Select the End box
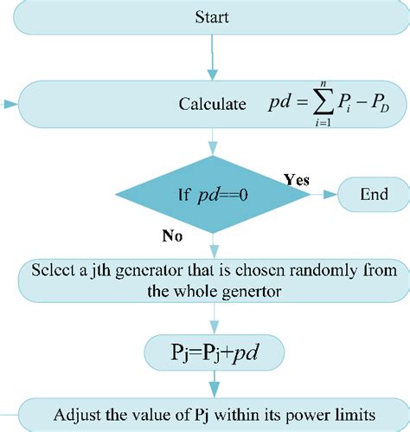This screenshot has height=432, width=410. coord(374,195)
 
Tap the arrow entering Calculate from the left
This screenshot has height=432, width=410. coord(9,105)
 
